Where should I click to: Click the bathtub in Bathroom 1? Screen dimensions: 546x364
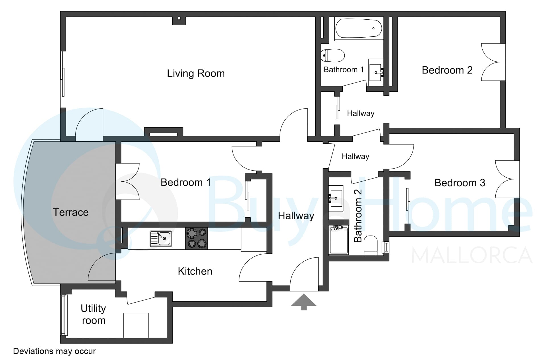[x=359, y=28]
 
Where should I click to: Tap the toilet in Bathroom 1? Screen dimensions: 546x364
[x=333, y=55]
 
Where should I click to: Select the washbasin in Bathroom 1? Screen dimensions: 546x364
[x=376, y=72]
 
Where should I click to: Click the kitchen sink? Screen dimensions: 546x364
[x=161, y=238]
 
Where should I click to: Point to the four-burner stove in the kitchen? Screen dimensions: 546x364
[x=197, y=238]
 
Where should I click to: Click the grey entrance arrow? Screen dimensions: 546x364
[x=304, y=302]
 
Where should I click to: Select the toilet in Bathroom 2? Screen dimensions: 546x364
[x=371, y=245]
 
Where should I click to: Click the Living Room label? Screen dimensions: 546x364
[x=196, y=73]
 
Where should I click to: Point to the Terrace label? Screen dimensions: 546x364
[x=71, y=212]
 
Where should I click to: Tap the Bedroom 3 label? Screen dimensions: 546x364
[x=460, y=183]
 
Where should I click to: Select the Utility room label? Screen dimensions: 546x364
[x=93, y=314]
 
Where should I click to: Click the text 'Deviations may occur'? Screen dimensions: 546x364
[x=54, y=351]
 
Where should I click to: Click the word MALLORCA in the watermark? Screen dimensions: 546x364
[x=472, y=255]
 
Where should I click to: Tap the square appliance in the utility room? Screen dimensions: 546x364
[x=136, y=325]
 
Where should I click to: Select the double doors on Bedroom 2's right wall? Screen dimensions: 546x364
[x=493, y=62]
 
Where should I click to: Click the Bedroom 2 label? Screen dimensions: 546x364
[x=447, y=70]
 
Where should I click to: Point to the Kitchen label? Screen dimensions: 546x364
[x=195, y=271]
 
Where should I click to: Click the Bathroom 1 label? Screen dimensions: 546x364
[x=344, y=70]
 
